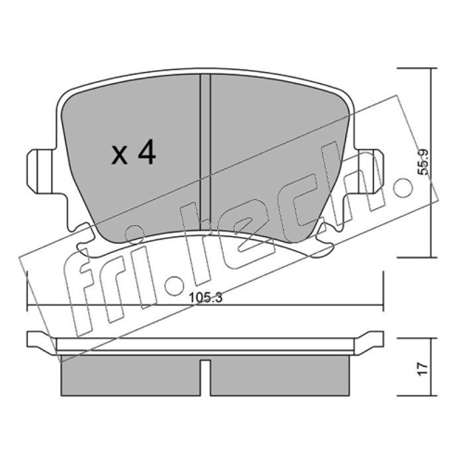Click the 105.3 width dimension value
tap(206, 298)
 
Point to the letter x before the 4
tap(119, 155)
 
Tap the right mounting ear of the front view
tap(369, 172)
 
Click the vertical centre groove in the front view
tap(205, 153)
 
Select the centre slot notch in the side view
tap(205, 378)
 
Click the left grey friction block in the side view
tap(130, 375)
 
